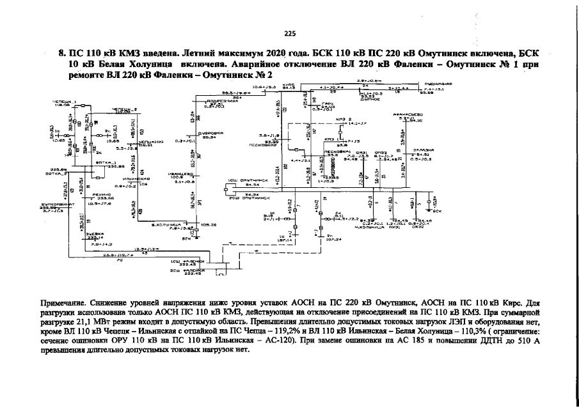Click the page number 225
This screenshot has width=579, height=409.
(289, 34)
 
